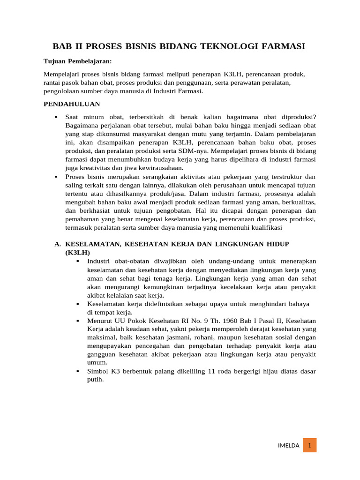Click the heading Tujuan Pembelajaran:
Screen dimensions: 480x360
[x=77, y=61]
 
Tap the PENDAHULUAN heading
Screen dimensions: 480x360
[x=72, y=104]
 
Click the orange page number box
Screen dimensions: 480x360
[x=309, y=445]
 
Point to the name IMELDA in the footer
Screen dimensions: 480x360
[x=288, y=446]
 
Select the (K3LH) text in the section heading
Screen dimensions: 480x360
[x=77, y=252]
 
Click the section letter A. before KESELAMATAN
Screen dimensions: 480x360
[x=58, y=244]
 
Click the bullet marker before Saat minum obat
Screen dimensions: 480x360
[x=56, y=117]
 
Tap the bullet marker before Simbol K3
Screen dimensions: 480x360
[x=78, y=371]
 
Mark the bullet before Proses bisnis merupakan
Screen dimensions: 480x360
[x=56, y=177]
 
